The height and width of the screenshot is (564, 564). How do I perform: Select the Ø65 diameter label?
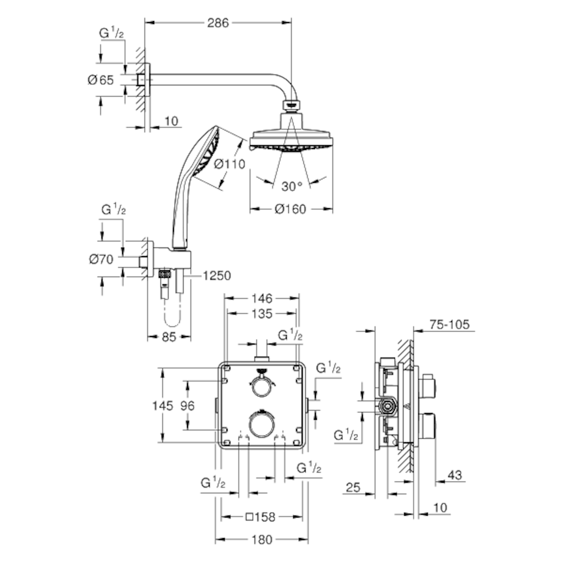[x=101, y=80]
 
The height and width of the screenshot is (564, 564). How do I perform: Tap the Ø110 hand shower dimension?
[x=229, y=164]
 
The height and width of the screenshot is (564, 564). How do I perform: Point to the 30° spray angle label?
[x=292, y=186]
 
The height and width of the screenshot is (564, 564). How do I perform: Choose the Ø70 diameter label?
[x=101, y=258]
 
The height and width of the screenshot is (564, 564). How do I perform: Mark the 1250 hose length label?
[x=217, y=275]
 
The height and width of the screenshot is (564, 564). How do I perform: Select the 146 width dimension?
[x=261, y=298]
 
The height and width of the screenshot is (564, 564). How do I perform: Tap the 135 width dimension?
[x=261, y=313]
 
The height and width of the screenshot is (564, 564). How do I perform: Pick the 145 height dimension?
[x=163, y=406]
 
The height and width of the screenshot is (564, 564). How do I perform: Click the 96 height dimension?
[x=188, y=406]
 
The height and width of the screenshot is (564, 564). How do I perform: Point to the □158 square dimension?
[x=260, y=517]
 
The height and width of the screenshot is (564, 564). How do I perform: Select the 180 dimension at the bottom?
[x=261, y=540]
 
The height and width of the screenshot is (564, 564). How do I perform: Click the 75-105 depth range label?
[x=449, y=324]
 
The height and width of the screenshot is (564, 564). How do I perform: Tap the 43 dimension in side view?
[x=454, y=475]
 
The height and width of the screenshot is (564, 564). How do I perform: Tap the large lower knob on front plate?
[x=261, y=423]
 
